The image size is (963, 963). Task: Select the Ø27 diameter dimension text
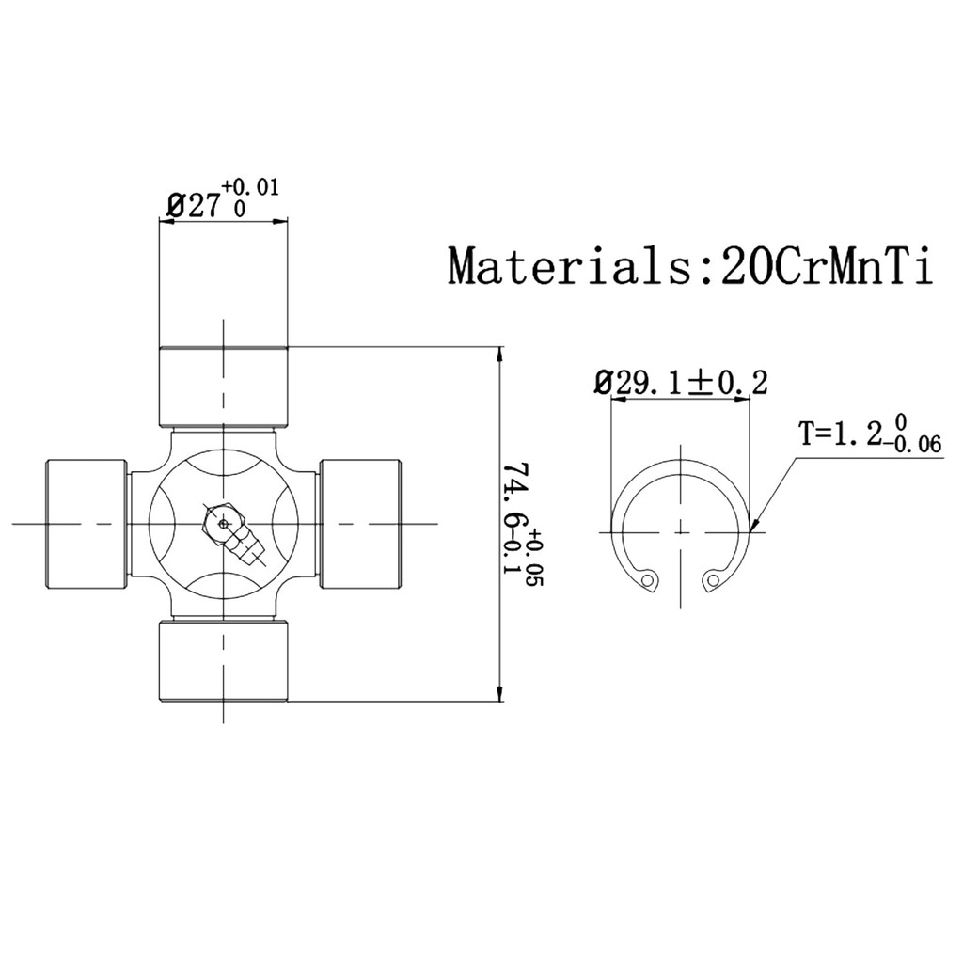pyautogui.click(x=192, y=206)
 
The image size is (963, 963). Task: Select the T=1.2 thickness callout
pyautogui.click(x=841, y=434)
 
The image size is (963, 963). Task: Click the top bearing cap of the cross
pyautogui.click(x=222, y=386)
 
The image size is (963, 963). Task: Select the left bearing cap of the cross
pyautogui.click(x=87, y=523)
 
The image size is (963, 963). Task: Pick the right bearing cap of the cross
pyautogui.click(x=360, y=523)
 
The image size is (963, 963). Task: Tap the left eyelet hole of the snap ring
pyautogui.click(x=647, y=580)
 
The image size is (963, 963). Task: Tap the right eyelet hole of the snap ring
pyautogui.click(x=712, y=580)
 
